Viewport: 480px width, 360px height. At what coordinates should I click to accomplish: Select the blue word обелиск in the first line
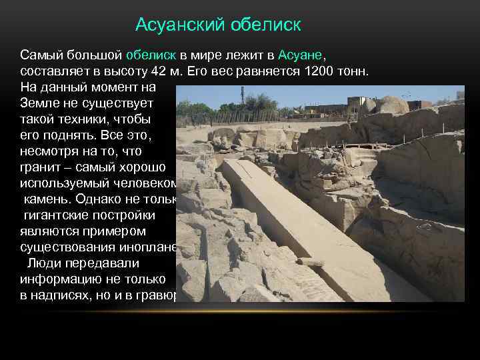(151, 54)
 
